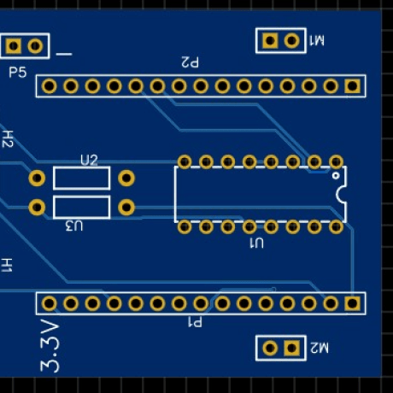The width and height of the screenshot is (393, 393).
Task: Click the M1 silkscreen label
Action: (x=317, y=40)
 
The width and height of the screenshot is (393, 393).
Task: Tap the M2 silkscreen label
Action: (x=320, y=348)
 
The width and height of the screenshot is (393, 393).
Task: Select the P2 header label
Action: (x=190, y=62)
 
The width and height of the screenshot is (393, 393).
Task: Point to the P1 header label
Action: (x=195, y=322)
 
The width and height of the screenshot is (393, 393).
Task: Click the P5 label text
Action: (x=18, y=73)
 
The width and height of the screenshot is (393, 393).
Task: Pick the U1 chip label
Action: (x=256, y=243)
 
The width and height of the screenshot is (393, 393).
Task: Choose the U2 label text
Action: (x=89, y=161)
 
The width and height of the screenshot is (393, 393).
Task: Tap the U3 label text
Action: (x=74, y=226)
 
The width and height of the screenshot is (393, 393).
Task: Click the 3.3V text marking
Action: (x=50, y=346)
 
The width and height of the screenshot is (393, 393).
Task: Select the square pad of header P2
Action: (x=352, y=86)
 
